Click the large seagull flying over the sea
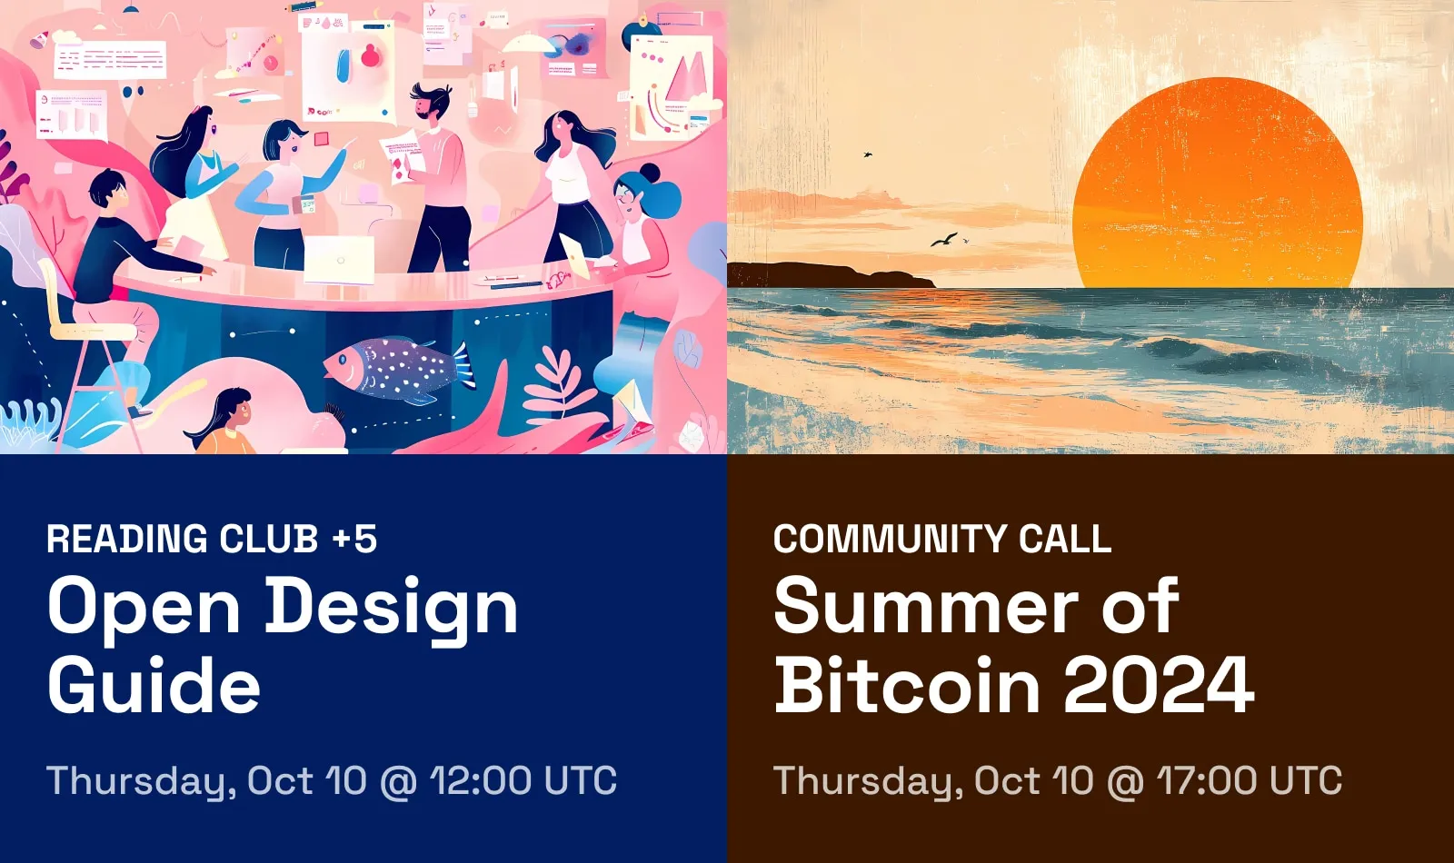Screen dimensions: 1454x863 coord(944,240)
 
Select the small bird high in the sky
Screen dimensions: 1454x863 coord(867,154)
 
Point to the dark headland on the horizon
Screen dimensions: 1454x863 coord(832,274)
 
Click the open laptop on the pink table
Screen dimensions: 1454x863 coord(340,260)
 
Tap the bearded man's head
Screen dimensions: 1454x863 coord(430,101)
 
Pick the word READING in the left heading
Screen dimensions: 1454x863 coord(127,539)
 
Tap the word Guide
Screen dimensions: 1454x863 coord(154,684)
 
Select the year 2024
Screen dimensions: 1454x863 coord(1159,685)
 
